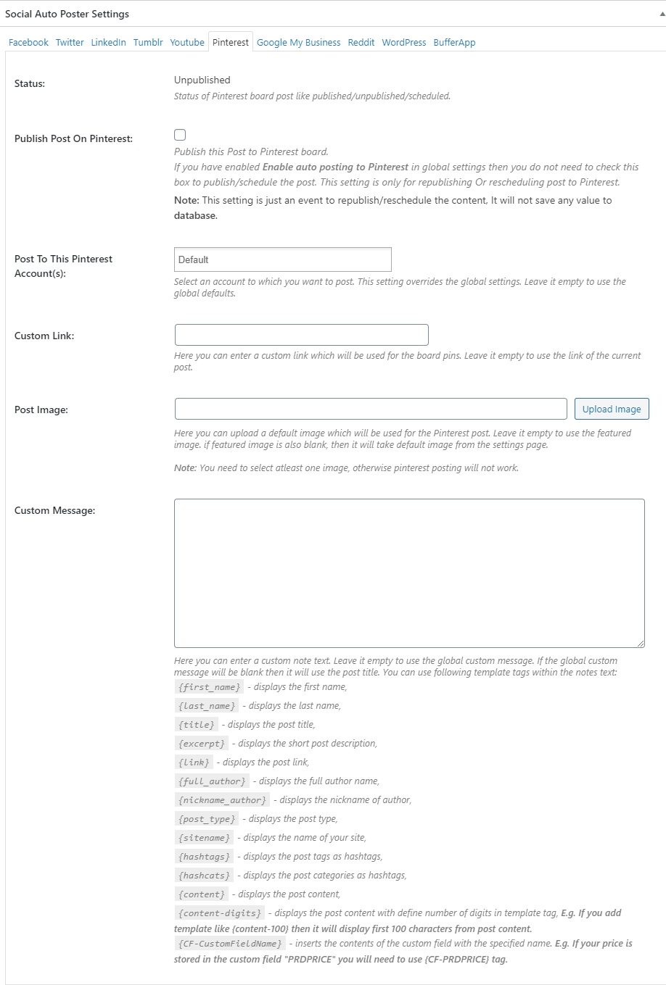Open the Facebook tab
pos(28,43)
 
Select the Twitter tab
pos(70,43)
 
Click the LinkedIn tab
pos(108,43)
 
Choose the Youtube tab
pos(187,43)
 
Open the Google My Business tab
pos(298,43)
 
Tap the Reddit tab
pos(361,43)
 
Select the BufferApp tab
pos(454,43)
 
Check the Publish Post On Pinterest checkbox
pos(180,135)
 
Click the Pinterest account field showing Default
pos(283,259)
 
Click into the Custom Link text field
pos(301,335)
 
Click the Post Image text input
pos(370,409)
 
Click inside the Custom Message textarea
pos(409,573)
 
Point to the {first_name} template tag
pos(209,687)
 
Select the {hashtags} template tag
pos(204,857)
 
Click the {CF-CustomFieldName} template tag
pos(229,944)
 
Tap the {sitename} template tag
pos(204,838)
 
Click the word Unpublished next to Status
pos(202,80)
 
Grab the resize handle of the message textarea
pos(641,644)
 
